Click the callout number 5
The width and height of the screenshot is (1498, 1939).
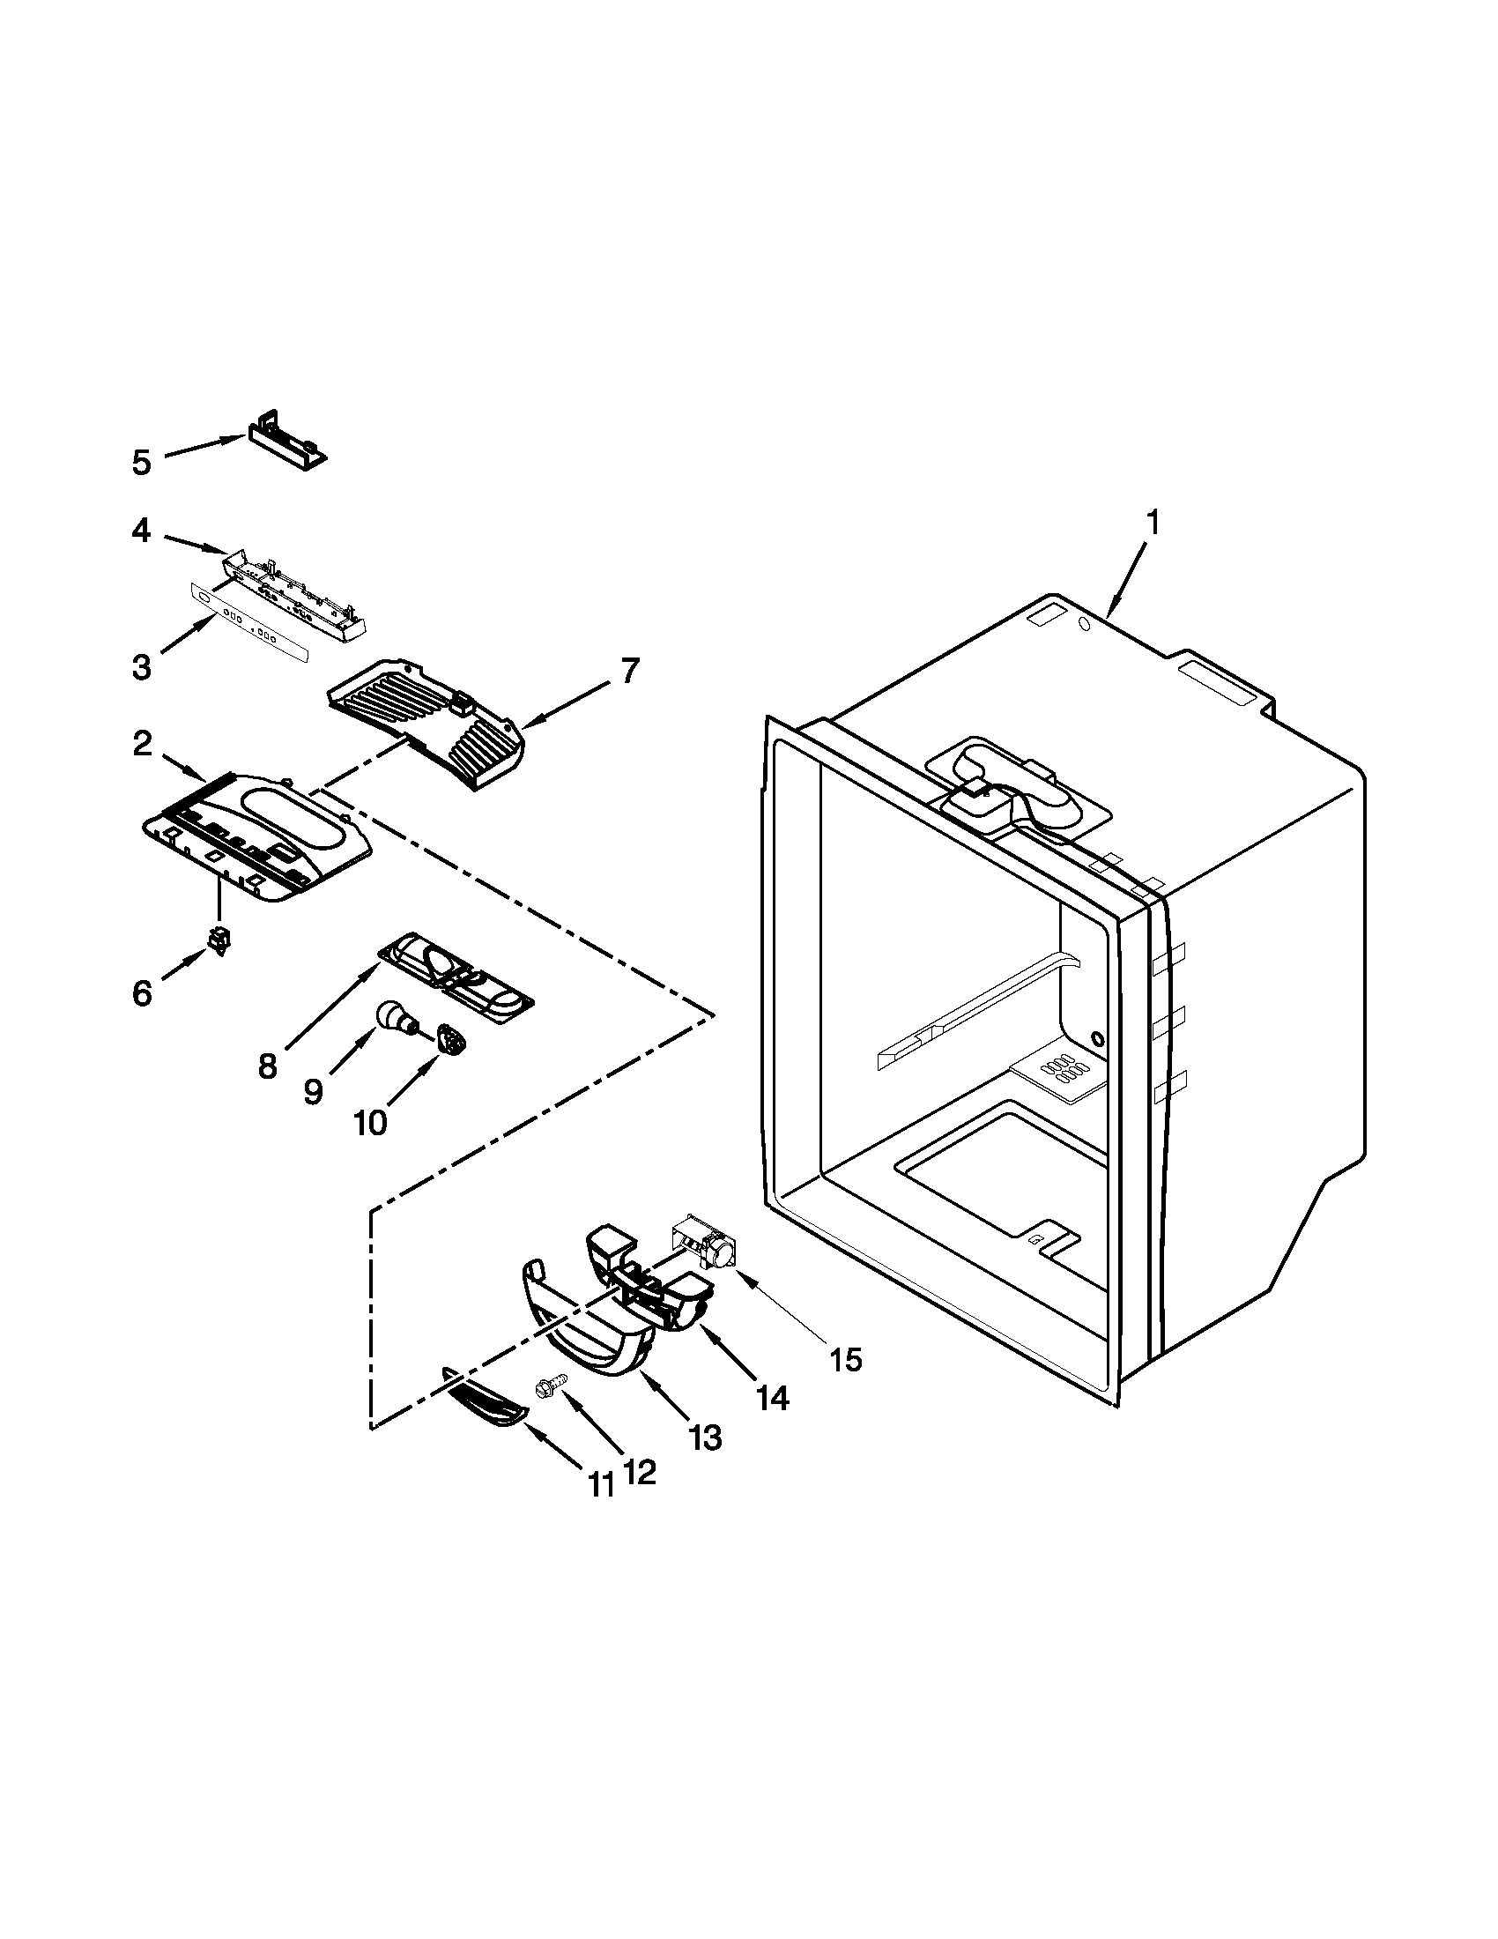(141, 462)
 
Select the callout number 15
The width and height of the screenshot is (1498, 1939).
(847, 1359)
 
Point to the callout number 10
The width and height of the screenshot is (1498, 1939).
(370, 1123)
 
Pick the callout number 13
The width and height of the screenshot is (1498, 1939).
(707, 1437)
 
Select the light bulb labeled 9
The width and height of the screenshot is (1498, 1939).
(395, 1017)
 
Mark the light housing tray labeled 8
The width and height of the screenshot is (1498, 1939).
(457, 977)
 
